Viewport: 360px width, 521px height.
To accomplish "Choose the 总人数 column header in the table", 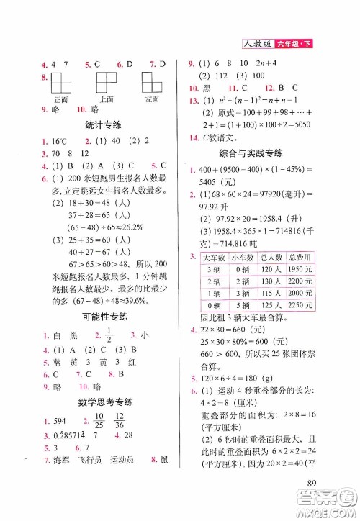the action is point(269,257).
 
